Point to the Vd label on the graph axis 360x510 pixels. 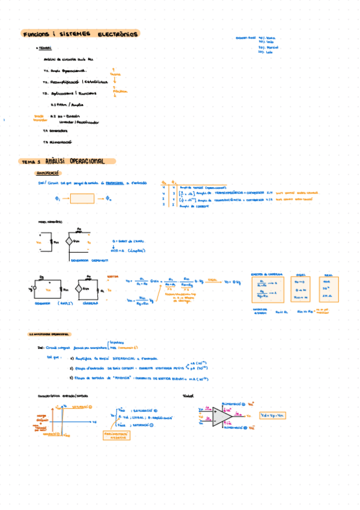click(94, 422)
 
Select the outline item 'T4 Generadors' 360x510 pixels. click(55, 131)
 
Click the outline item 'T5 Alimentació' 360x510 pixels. click(58, 143)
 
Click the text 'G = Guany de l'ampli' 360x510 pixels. click(129, 241)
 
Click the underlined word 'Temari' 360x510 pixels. click(46, 50)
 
